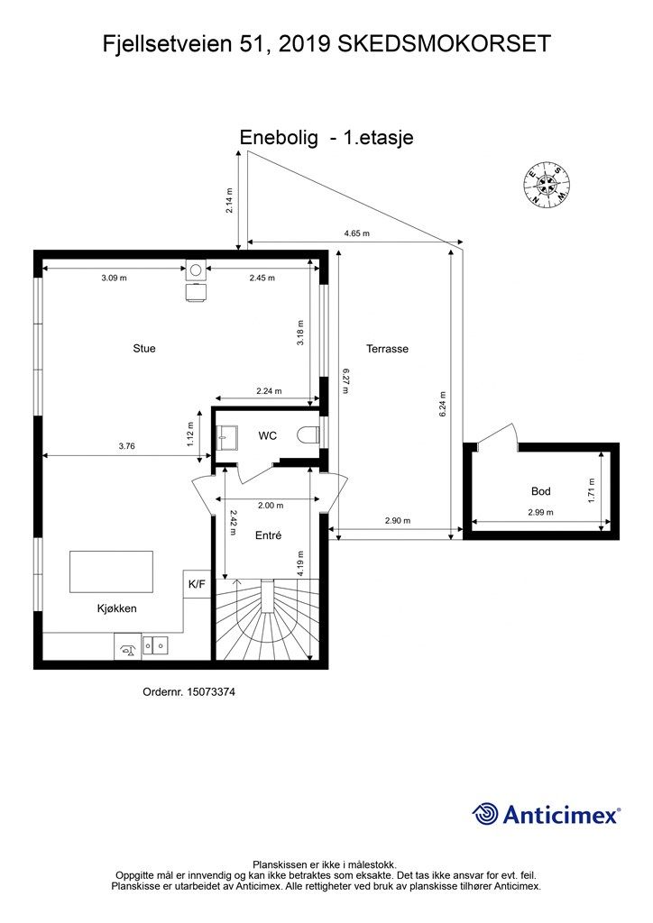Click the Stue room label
pos(144,348)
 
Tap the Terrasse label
pos(387,348)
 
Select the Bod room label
pos(541,491)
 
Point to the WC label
pos(267,436)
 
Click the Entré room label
pos(269,535)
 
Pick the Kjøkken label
pos(116,608)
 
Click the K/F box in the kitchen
pos(197,584)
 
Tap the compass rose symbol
pos(547,186)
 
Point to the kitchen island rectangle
pos(111,571)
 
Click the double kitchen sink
pos(160,645)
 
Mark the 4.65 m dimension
pos(356,233)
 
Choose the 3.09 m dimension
pos(115,278)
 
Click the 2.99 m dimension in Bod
pos(540,512)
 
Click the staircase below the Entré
pos(268,622)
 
